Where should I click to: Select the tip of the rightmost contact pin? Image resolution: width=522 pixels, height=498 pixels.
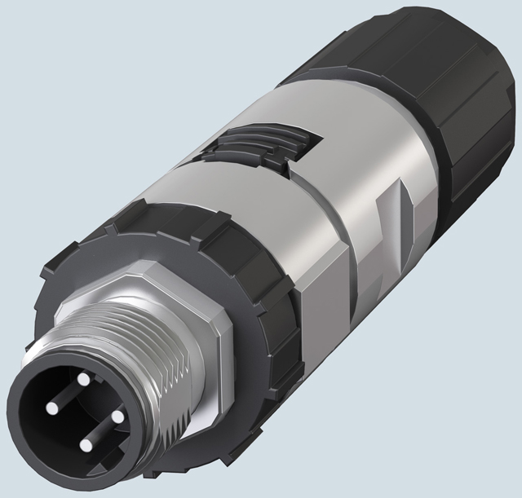(x=117, y=416)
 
